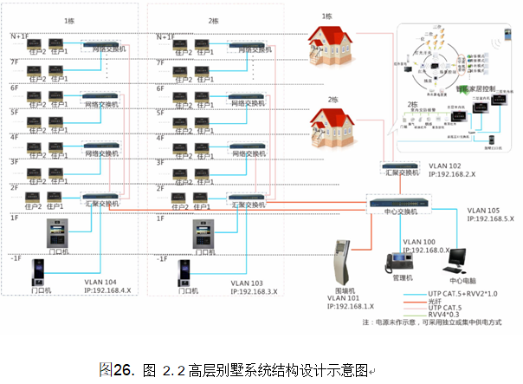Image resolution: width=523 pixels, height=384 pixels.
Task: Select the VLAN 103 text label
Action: (249, 283)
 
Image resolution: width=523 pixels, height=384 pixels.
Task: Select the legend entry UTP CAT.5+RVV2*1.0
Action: (464, 292)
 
